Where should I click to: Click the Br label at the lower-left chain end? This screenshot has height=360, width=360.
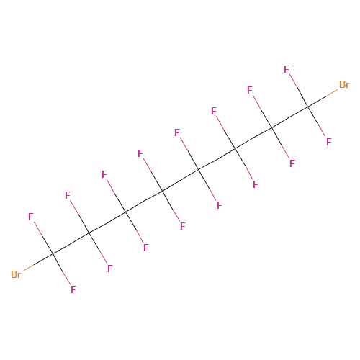[16, 274]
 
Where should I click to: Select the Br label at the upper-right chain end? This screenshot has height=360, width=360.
[344, 84]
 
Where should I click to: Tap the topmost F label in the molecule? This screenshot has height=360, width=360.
[287, 69]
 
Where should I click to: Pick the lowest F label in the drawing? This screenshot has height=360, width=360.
[73, 289]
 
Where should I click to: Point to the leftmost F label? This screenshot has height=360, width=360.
[31, 217]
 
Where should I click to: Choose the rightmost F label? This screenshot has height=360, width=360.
[329, 142]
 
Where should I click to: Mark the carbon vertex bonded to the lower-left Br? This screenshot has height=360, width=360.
[53, 253]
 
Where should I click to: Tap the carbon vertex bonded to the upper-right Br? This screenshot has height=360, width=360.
[307, 107]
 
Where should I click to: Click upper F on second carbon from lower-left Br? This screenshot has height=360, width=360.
[68, 195]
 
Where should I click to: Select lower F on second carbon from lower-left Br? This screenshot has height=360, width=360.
[110, 269]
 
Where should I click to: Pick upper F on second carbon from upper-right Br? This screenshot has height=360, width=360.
[250, 90]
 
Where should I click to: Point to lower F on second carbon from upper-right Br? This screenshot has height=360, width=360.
[292, 163]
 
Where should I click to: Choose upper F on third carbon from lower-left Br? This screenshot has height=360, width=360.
[104, 174]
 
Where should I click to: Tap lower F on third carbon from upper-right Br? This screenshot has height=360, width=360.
[256, 184]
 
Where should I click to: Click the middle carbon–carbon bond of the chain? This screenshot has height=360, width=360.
[181, 181]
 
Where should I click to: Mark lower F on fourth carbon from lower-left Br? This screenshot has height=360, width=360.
[183, 226]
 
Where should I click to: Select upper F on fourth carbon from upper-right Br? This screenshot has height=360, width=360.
[177, 132]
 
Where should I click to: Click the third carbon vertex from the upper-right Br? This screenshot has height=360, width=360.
[235, 149]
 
